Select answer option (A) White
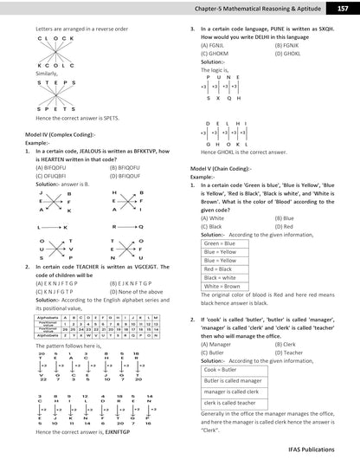214,217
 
